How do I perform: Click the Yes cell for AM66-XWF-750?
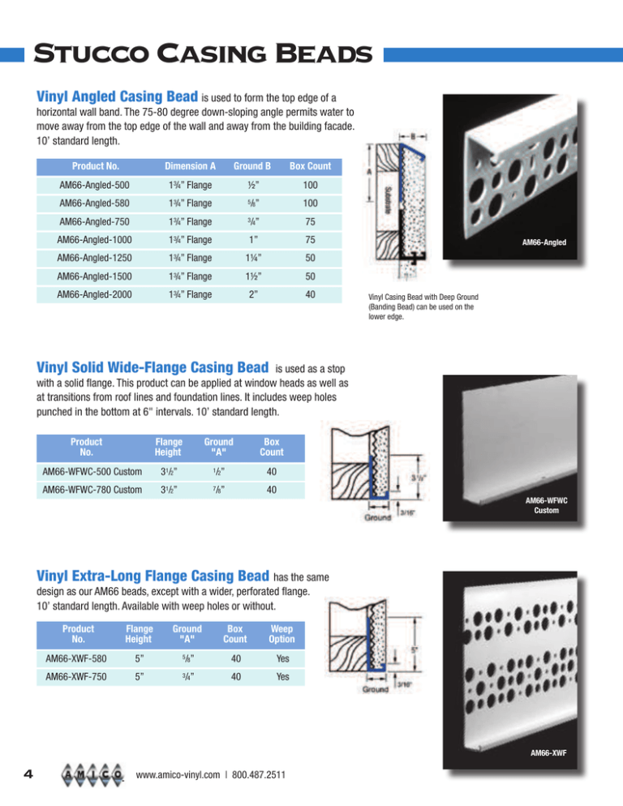tap(279, 676)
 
